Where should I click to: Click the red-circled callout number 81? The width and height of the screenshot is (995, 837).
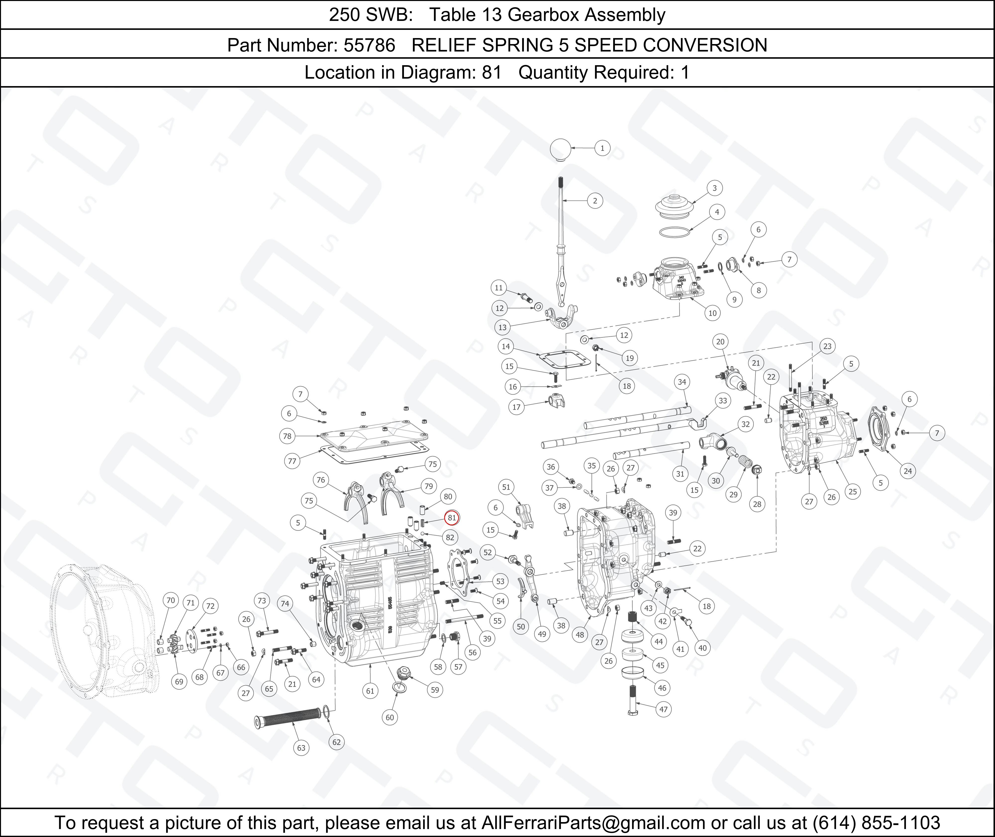pos(451,518)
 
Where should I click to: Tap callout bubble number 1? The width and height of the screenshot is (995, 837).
pos(602,148)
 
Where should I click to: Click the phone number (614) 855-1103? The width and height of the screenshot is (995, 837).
pos(876,822)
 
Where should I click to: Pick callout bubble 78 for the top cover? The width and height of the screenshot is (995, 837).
pos(287,436)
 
